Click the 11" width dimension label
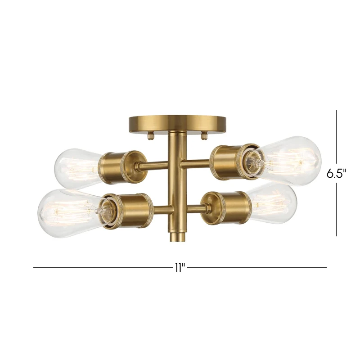coord(180,268)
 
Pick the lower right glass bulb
coord(274,204)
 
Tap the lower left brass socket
coord(128,211)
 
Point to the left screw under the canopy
coord(151,134)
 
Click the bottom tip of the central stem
coord(177,236)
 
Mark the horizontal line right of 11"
coord(256,268)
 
